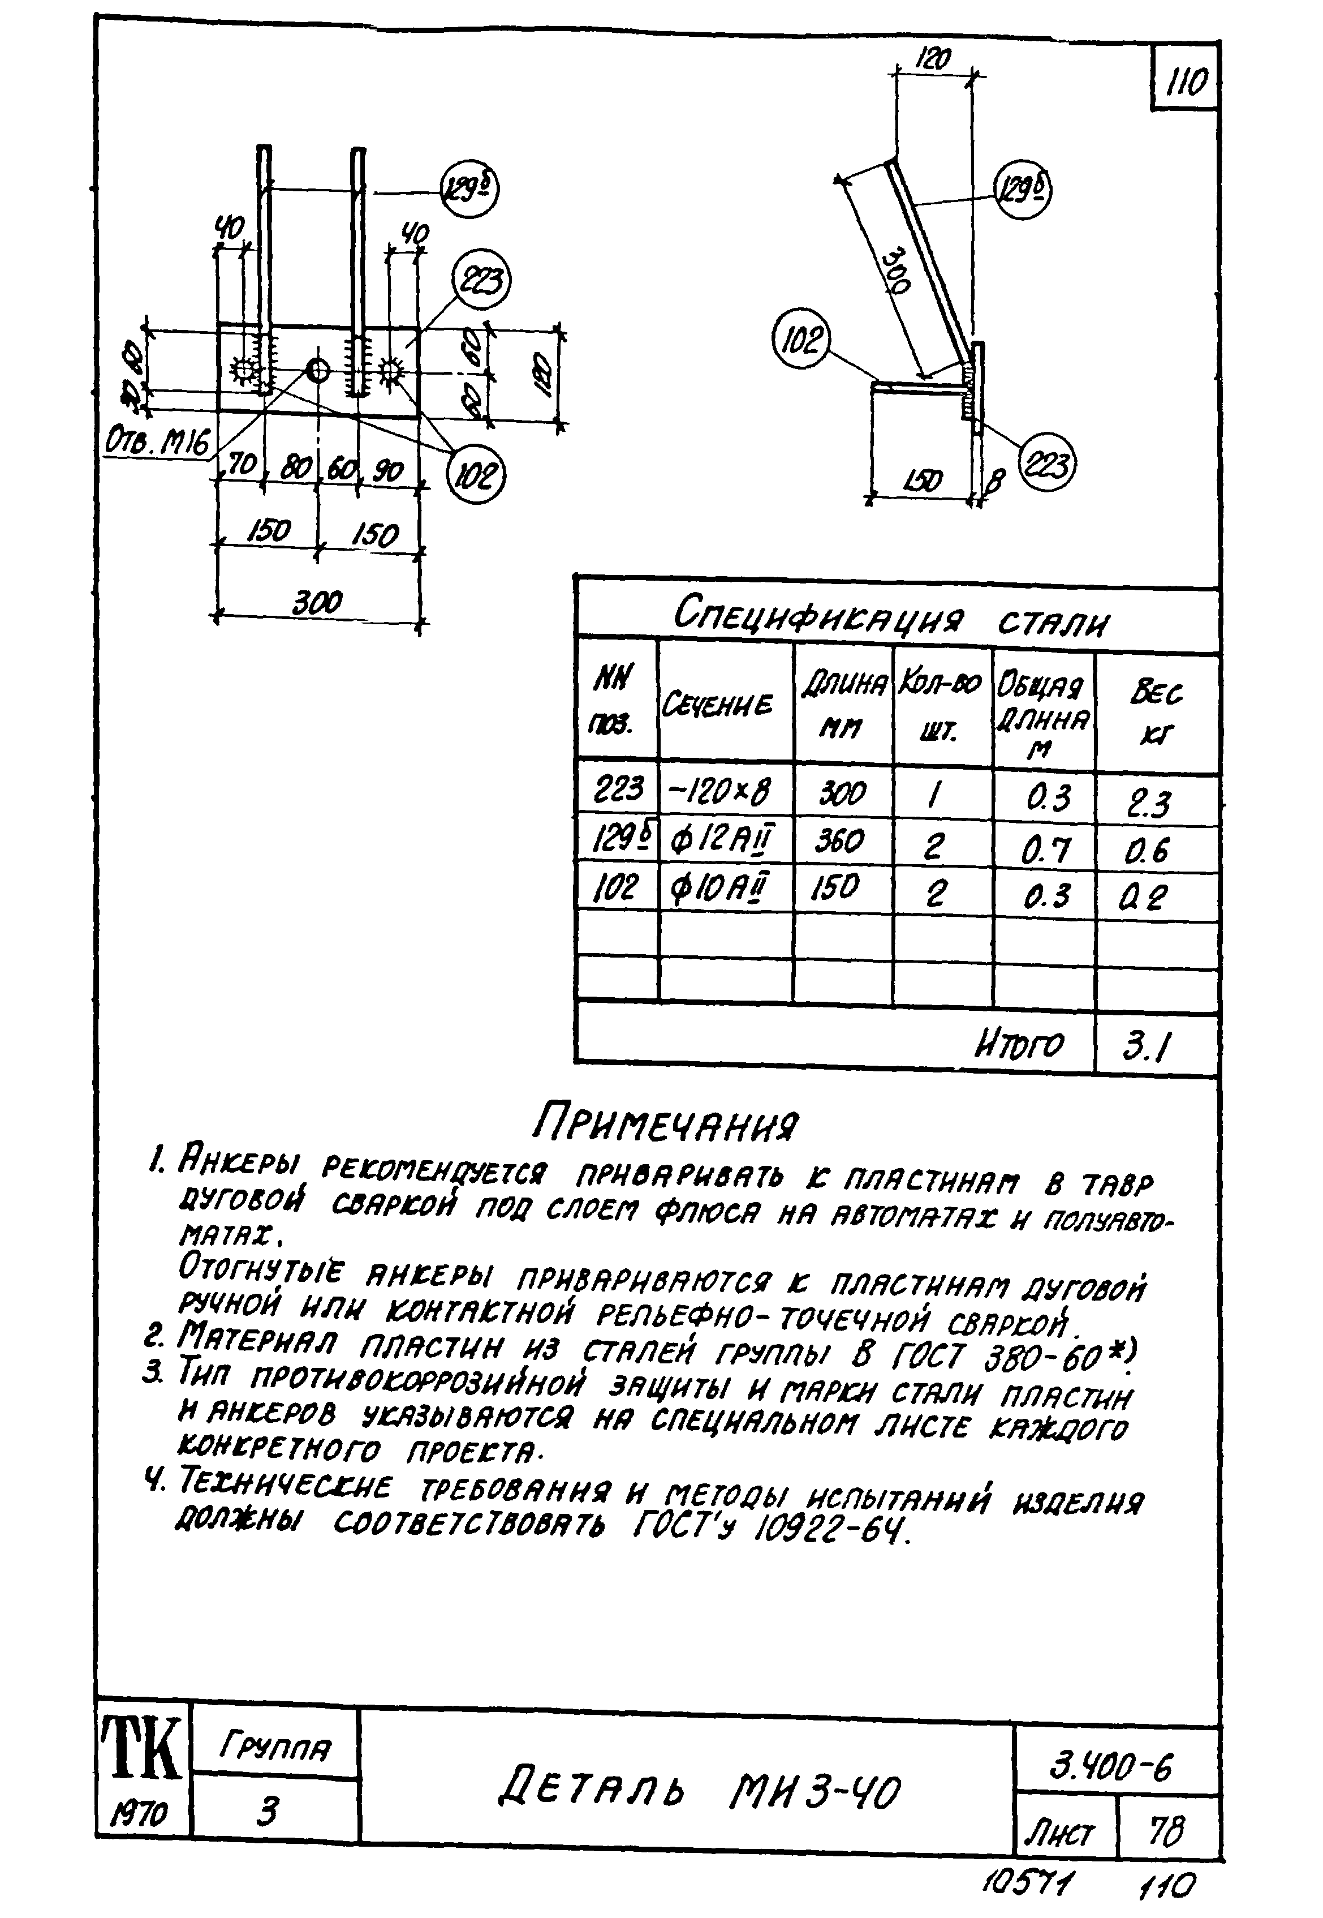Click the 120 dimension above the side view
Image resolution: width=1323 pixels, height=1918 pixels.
[x=934, y=59]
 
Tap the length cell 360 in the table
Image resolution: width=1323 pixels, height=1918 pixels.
[x=841, y=841]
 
